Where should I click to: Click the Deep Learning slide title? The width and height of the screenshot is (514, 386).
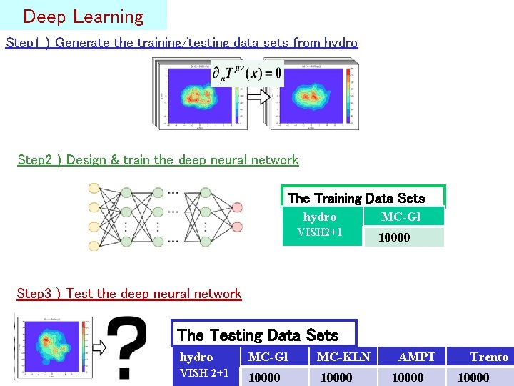[83, 16]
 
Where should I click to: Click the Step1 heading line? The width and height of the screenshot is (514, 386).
[181, 42]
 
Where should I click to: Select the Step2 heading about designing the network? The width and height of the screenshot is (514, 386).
[158, 159]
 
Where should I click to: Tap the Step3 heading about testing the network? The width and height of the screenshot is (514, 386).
[129, 293]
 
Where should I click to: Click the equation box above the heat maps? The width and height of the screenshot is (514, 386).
[247, 73]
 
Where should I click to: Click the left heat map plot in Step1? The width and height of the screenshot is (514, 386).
[196, 96]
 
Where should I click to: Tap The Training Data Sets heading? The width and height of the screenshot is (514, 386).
[356, 198]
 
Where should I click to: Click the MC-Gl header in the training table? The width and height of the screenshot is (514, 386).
[400, 217]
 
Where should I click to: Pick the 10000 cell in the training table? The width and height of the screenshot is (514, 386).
[394, 237]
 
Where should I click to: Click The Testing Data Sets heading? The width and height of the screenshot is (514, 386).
[257, 335]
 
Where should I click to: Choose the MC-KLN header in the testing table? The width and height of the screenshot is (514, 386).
[343, 357]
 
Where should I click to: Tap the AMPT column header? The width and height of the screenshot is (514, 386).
[417, 357]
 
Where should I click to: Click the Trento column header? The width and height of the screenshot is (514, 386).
[489, 357]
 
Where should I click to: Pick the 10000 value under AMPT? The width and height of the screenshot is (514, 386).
[408, 377]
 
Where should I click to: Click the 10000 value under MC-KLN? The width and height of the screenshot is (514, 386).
[336, 377]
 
